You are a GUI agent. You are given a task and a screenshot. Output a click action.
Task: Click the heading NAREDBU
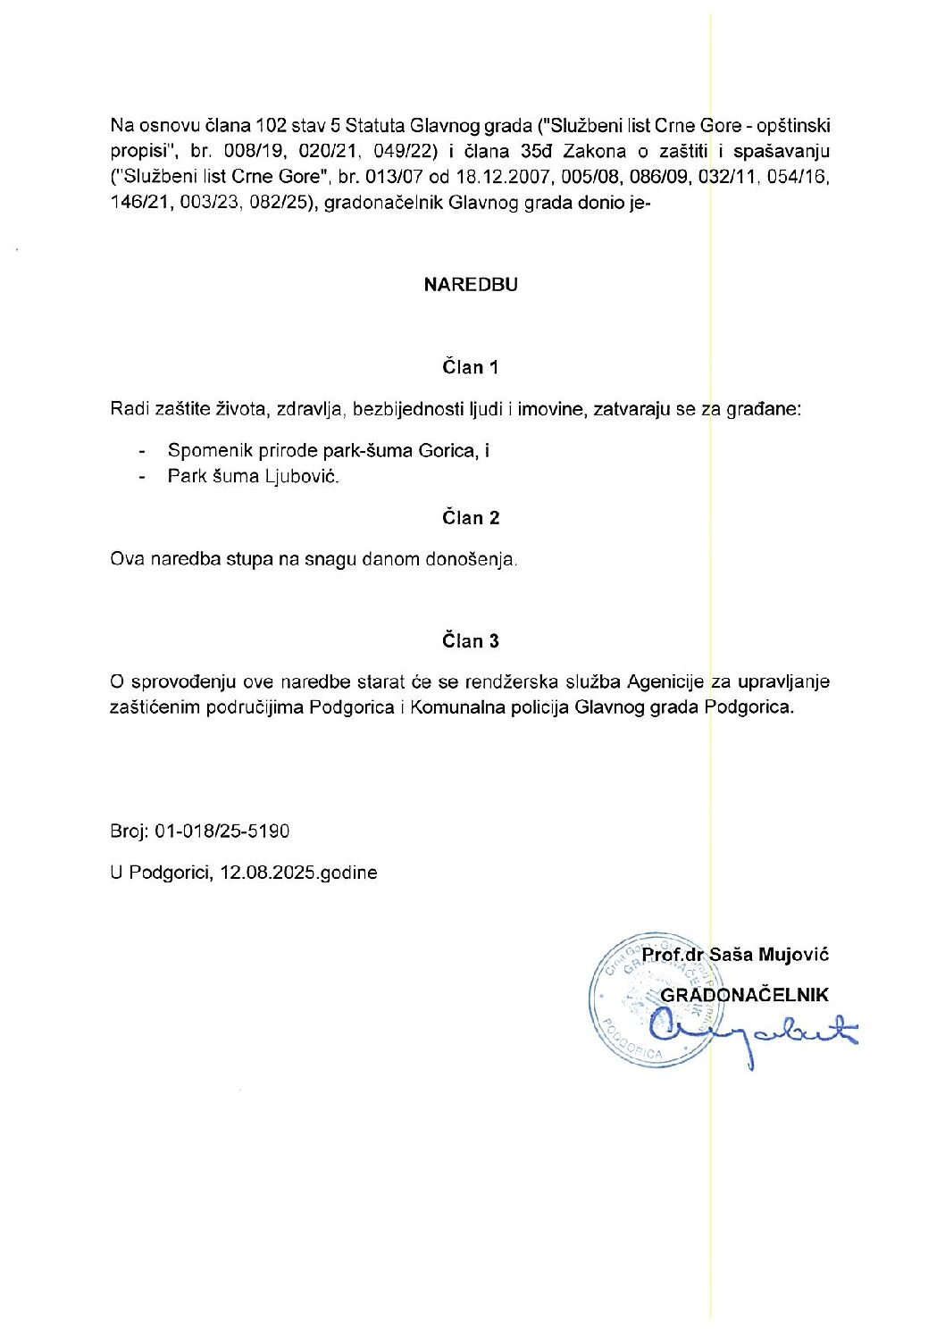tap(471, 285)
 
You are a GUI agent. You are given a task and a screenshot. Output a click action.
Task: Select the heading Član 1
tap(470, 367)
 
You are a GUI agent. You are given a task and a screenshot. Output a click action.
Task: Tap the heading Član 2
tap(470, 518)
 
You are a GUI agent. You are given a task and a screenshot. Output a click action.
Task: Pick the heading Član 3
tap(470, 641)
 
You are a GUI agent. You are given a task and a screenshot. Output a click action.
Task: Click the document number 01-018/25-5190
tap(222, 831)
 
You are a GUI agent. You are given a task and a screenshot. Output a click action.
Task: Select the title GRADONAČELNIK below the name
tap(744, 995)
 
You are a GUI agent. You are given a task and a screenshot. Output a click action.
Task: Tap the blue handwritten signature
tap(750, 1033)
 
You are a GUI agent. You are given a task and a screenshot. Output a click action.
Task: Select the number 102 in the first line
tap(271, 126)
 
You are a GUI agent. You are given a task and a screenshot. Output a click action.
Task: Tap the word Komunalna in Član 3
tap(452, 707)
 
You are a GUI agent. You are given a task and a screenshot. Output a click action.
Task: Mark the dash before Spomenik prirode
tap(142, 452)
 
